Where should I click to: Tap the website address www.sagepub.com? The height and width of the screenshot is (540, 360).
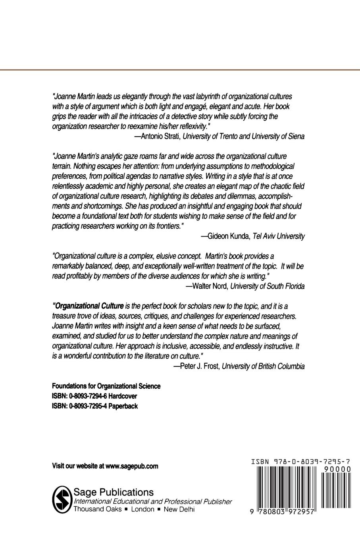[132, 466]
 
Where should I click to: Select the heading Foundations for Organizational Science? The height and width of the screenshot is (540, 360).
[106, 386]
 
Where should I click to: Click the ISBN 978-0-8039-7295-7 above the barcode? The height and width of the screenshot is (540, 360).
[301, 462]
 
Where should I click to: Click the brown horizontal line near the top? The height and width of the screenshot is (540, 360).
[180, 70]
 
